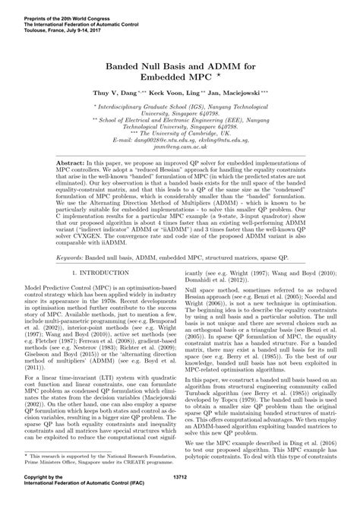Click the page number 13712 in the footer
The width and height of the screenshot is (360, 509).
(180, 498)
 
